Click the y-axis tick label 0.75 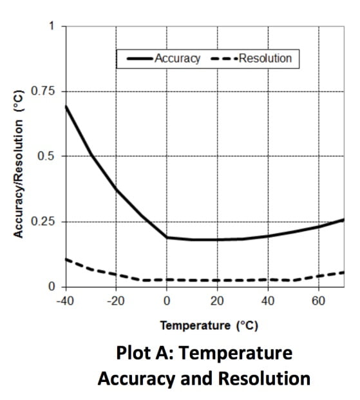43,91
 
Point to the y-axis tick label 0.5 46,156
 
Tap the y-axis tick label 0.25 43,221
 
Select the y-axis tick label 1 52,26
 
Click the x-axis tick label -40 65,301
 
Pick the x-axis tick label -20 116,301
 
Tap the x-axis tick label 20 217,301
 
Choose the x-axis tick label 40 268,301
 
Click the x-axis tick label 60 318,301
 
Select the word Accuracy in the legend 178,59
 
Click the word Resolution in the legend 265,59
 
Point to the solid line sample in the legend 140,59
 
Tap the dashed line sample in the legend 224,59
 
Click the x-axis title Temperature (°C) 209,326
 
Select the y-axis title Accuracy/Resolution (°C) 19,164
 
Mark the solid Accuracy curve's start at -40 66,106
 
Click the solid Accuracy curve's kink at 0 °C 167,238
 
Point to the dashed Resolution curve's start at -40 66,260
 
